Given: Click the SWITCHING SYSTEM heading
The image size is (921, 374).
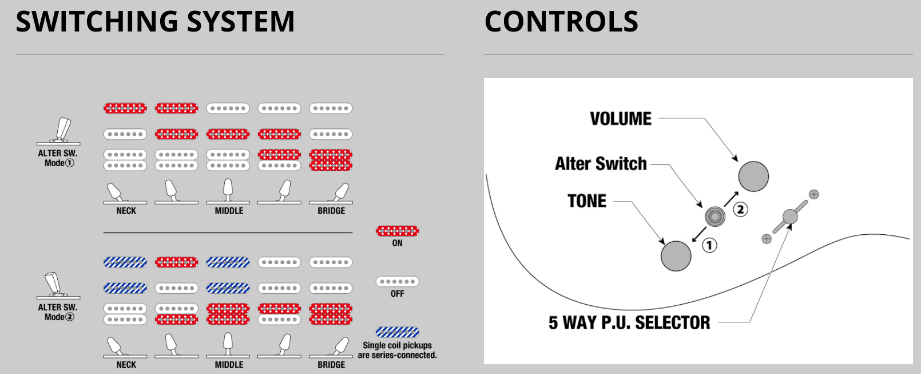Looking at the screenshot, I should coord(155,22).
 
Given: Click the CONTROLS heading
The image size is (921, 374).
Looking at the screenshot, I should coord(561,22).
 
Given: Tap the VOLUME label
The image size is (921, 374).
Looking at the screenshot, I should coord(621,119).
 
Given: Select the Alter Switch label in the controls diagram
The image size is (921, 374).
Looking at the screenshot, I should coord(601,164).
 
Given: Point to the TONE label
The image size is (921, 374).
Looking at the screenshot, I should coord(587,201).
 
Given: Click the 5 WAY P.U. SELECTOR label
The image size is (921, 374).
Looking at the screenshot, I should coord(629,322).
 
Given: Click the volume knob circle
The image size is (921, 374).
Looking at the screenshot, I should coord(753,176).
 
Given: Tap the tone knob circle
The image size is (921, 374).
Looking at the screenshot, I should coord(676,255).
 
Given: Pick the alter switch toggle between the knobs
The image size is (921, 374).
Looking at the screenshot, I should coord(714,216).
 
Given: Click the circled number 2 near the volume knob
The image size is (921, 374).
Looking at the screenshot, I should coord(741,209).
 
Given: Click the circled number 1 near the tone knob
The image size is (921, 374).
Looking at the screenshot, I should coord(709,246).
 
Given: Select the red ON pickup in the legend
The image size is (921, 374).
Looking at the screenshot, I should coord(397,231).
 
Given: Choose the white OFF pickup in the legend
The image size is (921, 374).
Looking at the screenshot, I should coord(397,282).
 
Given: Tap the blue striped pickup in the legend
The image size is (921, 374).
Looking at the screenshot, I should coord(397,332).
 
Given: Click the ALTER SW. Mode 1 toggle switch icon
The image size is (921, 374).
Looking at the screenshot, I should coord(59,131).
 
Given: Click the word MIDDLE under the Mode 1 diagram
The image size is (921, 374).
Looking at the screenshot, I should coord(229,211).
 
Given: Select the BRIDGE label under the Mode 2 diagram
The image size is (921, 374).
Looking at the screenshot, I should coord(331,365).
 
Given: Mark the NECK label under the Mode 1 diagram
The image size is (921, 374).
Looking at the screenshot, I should coord(126,211).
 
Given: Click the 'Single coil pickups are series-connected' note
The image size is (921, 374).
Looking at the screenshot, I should coord(397,350).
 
